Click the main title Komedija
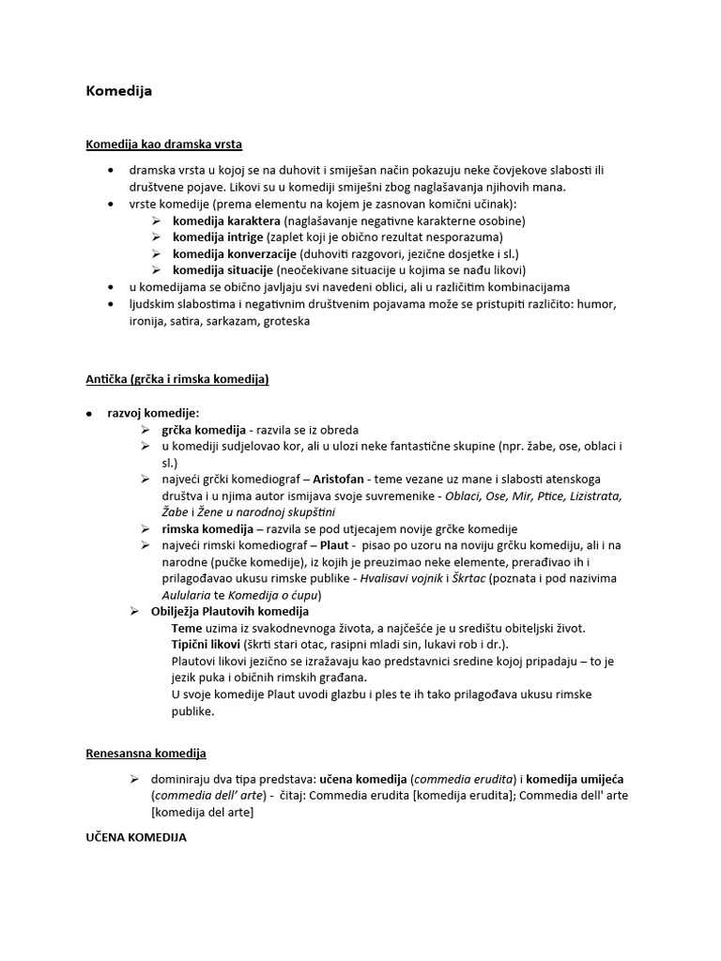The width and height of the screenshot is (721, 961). click(x=118, y=92)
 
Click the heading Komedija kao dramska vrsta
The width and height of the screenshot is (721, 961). click(x=164, y=145)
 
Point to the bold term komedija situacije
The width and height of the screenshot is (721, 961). click(x=221, y=270)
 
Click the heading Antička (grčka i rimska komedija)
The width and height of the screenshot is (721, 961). click(x=177, y=379)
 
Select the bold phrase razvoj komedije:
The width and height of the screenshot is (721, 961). click(x=153, y=413)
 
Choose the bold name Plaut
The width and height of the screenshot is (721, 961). click(x=334, y=545)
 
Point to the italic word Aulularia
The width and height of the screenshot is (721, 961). click(x=192, y=595)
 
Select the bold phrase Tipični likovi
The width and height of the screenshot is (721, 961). click(x=206, y=645)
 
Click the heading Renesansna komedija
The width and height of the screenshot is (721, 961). click(x=146, y=754)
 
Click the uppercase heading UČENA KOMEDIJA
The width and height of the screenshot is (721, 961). click(x=136, y=836)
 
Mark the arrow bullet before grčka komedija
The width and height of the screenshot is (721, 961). click(x=146, y=430)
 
